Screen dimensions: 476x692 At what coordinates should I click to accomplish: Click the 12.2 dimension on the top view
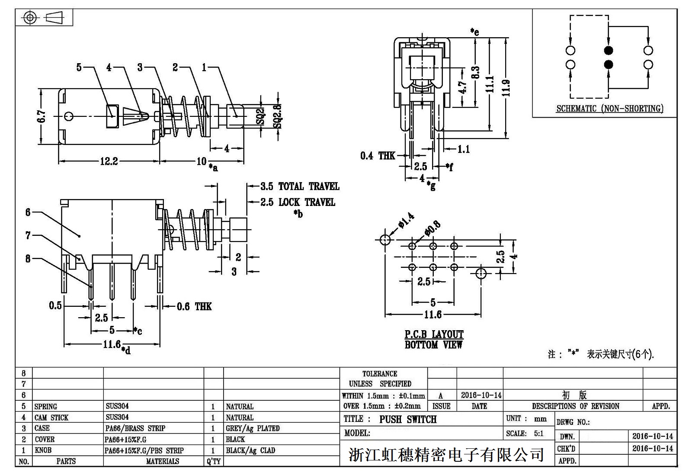click(x=109, y=161)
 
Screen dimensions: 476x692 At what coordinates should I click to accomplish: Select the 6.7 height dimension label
click(x=42, y=116)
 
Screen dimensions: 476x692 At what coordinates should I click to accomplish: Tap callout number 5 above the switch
click(x=79, y=68)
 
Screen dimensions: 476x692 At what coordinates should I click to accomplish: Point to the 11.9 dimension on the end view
click(x=506, y=88)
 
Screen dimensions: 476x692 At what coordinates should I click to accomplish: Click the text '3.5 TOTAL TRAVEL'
click(x=300, y=187)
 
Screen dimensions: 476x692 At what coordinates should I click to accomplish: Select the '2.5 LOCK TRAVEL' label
click(x=298, y=203)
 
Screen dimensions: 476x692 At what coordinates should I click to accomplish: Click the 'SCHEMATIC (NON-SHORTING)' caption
click(x=609, y=109)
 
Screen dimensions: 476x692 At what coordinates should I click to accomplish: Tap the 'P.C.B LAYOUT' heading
click(x=434, y=334)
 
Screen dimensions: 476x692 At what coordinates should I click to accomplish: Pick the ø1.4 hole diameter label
click(x=405, y=220)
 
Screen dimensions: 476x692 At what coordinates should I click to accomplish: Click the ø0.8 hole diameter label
click(x=432, y=228)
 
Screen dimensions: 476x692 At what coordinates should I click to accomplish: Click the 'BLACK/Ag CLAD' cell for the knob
click(x=250, y=450)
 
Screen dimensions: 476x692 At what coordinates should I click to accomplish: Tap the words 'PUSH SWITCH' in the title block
click(x=408, y=419)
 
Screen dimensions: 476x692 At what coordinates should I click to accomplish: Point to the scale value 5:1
click(x=538, y=434)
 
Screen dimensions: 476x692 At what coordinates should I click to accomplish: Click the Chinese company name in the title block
click(x=446, y=455)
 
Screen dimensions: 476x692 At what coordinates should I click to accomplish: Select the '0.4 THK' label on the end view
click(x=378, y=155)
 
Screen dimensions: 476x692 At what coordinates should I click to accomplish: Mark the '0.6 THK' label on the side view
click(x=194, y=307)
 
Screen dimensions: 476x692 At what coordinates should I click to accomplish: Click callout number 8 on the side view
click(x=28, y=259)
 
